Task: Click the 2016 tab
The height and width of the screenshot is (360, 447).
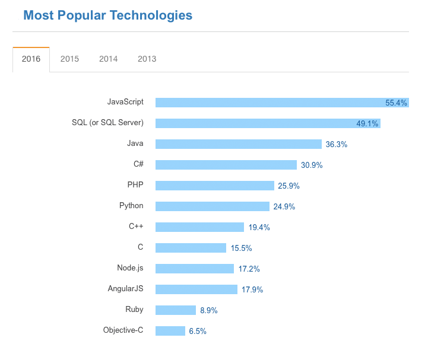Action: point(31,59)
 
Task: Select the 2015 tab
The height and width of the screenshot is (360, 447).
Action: point(69,59)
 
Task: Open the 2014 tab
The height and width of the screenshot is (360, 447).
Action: point(108,59)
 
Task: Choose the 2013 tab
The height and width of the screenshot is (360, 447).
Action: point(147,59)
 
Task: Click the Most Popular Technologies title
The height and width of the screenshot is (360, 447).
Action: point(107,15)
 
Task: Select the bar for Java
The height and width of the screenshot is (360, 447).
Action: point(238,144)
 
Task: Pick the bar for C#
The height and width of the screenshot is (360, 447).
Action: point(226,165)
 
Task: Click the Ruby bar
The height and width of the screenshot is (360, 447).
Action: point(175,310)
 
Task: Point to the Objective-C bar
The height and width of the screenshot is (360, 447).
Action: point(170,331)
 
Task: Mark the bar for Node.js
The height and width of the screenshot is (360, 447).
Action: point(194,269)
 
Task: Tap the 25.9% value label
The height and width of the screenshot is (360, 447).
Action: point(289,186)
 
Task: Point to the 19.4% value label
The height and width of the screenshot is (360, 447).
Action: point(259,227)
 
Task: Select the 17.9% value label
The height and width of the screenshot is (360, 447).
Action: point(252,289)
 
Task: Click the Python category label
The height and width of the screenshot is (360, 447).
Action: point(131,206)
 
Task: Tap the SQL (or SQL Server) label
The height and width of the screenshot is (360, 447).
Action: point(107,123)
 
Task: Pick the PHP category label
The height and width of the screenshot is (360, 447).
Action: point(135,185)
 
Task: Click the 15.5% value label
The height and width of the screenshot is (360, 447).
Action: point(242,248)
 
